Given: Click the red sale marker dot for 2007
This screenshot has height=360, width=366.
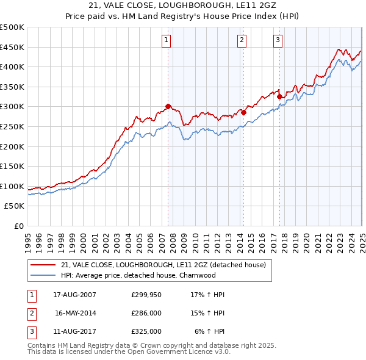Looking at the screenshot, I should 168,106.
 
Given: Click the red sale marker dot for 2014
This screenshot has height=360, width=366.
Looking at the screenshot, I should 243,112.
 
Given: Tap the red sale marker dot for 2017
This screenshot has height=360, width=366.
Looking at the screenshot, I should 279,96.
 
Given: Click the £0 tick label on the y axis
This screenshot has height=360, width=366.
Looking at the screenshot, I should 18,226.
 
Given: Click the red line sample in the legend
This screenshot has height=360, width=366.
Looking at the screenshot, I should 43,265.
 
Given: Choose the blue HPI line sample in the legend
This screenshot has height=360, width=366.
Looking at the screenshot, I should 43,275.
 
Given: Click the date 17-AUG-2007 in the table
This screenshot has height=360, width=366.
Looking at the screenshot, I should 74,295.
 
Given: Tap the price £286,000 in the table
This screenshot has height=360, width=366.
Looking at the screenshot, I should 146,313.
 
